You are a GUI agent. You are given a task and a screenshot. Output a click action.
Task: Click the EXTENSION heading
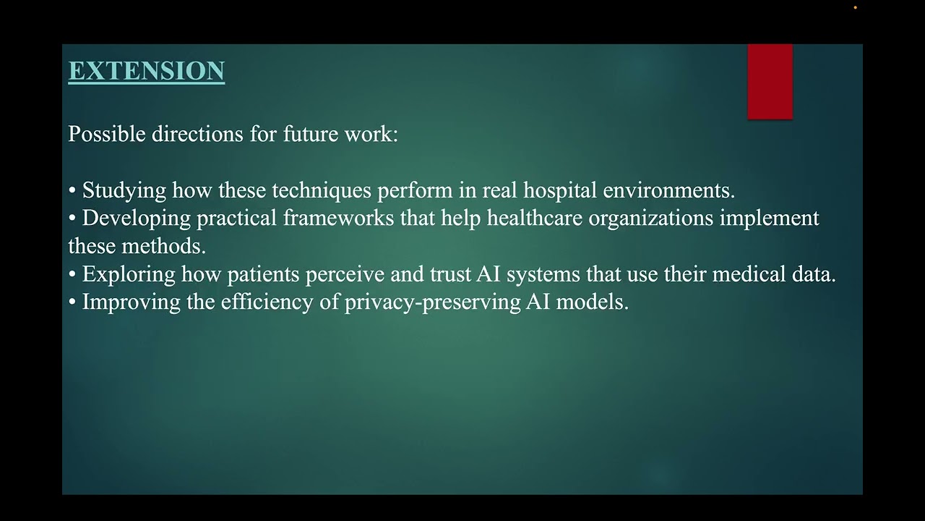tap(146, 71)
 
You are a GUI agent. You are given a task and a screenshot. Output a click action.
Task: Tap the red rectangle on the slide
tap(770, 81)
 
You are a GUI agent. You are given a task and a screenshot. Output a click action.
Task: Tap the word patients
tap(262, 275)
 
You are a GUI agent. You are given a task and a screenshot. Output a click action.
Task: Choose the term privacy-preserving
tap(432, 302)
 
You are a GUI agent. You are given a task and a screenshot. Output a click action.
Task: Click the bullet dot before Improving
tap(72, 302)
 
